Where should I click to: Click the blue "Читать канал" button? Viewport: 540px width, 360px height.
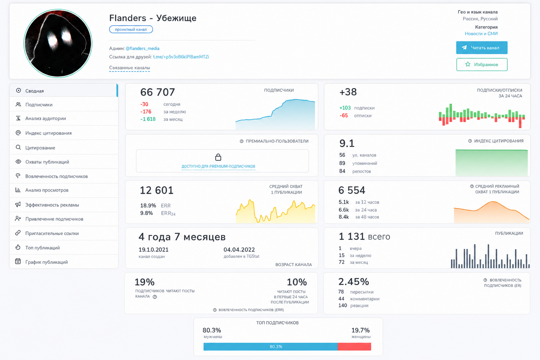(x=482, y=48)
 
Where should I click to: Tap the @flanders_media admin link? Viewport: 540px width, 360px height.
(x=142, y=49)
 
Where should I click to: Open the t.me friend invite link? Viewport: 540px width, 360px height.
(x=181, y=57)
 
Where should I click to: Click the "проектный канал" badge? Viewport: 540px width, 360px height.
(x=131, y=30)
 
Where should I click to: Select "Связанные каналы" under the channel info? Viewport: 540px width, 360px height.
(x=129, y=68)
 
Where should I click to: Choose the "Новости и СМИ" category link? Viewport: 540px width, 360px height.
(x=481, y=34)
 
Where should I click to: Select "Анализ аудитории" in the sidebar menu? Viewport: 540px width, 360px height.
(x=46, y=118)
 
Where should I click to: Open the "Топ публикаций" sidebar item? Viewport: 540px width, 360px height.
(x=43, y=247)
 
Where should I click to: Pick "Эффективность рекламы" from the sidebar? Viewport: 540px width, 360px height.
(x=52, y=205)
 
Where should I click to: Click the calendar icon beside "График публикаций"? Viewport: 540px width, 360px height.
(x=18, y=261)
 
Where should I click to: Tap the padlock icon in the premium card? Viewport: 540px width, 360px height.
(x=218, y=157)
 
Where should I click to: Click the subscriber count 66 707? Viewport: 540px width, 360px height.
(x=157, y=92)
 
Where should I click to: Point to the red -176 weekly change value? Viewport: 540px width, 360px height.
(x=146, y=112)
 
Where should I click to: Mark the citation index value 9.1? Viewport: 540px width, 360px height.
(x=347, y=143)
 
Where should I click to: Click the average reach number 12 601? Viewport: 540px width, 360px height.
(x=156, y=190)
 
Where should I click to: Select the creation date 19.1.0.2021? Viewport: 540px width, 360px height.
(x=153, y=250)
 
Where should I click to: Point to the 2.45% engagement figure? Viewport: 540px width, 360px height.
(x=354, y=282)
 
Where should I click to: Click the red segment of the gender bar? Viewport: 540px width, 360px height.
(x=354, y=347)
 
